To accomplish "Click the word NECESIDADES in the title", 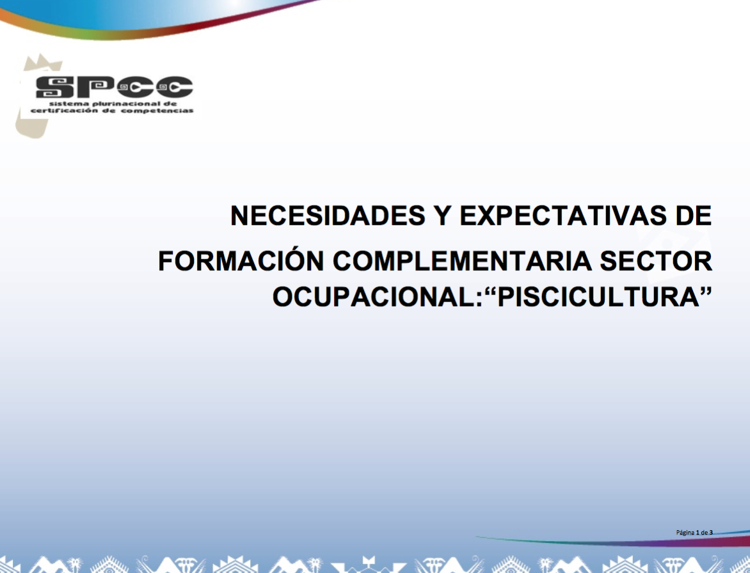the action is click(328, 216).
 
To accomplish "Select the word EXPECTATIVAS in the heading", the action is click(562, 216).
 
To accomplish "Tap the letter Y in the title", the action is click(442, 216).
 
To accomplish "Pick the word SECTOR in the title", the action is click(657, 261).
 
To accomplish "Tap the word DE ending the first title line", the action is click(693, 216).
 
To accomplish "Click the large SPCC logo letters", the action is click(114, 87).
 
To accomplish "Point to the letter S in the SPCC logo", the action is click(52, 87).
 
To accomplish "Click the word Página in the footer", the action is click(685, 532).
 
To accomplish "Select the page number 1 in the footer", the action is click(698, 532).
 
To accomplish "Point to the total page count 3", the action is click(711, 532).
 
